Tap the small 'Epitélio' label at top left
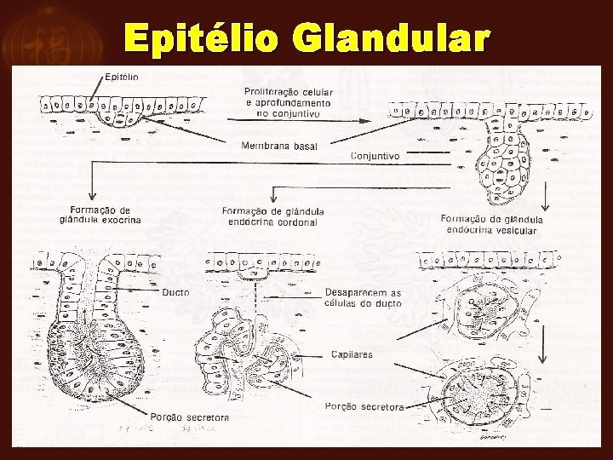point(122,76)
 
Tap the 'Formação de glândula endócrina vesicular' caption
point(492,224)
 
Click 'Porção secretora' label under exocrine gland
point(190,417)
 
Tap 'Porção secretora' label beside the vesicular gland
point(364,406)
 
